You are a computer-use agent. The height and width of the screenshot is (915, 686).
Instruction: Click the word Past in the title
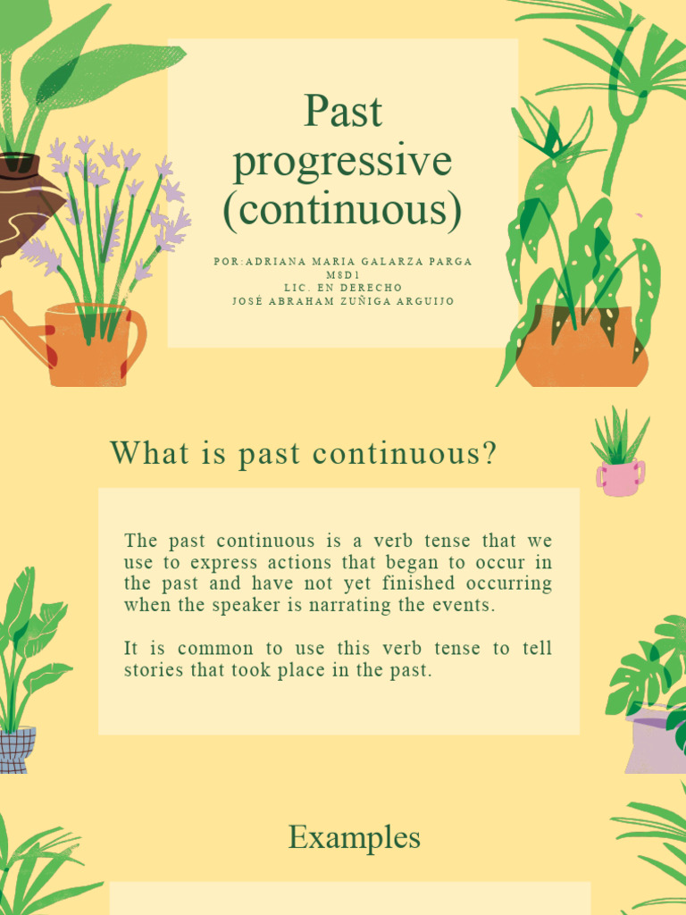(x=342, y=113)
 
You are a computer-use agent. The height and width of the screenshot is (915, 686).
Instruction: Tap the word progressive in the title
(x=342, y=162)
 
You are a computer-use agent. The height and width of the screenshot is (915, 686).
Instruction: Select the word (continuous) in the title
(x=342, y=210)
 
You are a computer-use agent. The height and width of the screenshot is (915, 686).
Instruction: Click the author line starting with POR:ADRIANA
(x=342, y=262)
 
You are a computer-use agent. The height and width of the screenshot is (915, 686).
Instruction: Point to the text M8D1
(x=342, y=274)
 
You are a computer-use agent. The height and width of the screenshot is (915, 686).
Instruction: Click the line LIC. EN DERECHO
(x=342, y=288)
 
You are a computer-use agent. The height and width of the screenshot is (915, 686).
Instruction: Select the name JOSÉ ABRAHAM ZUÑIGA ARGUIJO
(x=342, y=301)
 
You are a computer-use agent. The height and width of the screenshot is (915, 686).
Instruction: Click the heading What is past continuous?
(x=303, y=454)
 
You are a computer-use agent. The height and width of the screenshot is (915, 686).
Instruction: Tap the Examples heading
(x=354, y=838)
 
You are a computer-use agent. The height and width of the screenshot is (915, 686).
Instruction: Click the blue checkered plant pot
(x=17, y=749)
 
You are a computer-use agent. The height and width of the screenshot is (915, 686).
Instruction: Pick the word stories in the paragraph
(x=150, y=670)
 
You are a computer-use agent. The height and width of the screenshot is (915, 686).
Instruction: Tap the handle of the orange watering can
(x=137, y=340)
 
